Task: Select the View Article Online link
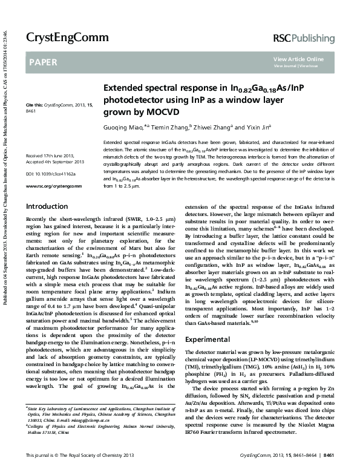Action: pyautogui.click(x=298, y=59)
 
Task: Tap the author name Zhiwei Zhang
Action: pyautogui.click(x=214, y=128)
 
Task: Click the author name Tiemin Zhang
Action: pyautogui.click(x=170, y=128)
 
